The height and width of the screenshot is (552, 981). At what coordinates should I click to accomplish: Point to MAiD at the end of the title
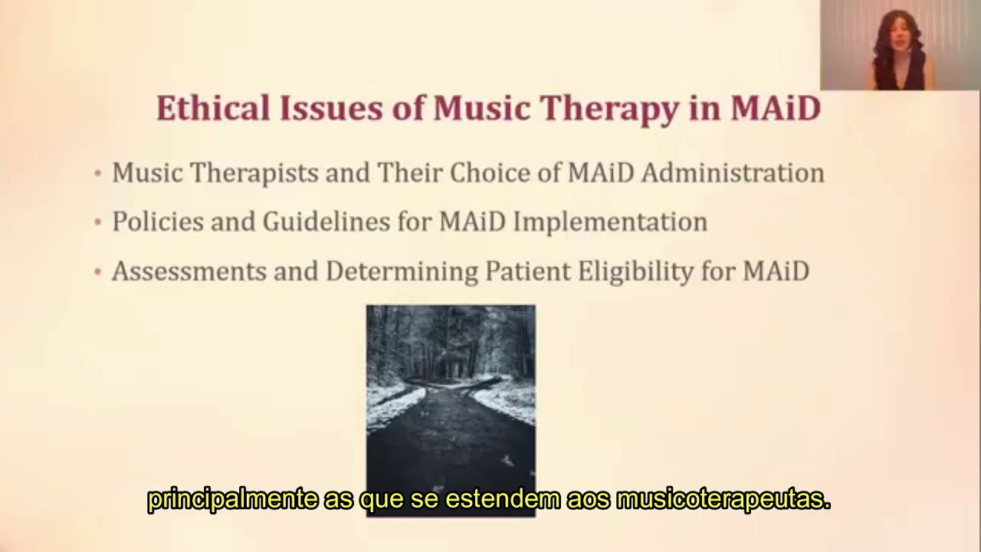(x=775, y=109)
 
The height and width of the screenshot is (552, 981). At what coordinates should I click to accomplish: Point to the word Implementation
(x=610, y=222)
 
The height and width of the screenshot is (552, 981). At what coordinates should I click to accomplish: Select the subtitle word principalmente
(x=232, y=500)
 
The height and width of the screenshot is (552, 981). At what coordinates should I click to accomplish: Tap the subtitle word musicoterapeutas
(x=723, y=500)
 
